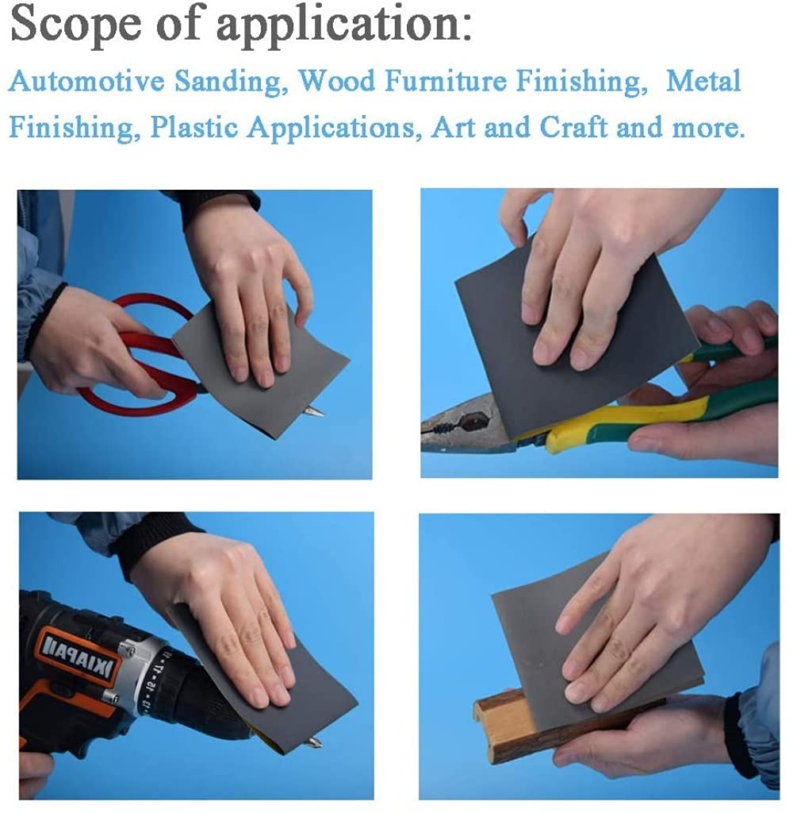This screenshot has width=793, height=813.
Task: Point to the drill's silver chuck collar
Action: (x=159, y=675)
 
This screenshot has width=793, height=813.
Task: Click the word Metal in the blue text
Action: (x=703, y=82)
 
